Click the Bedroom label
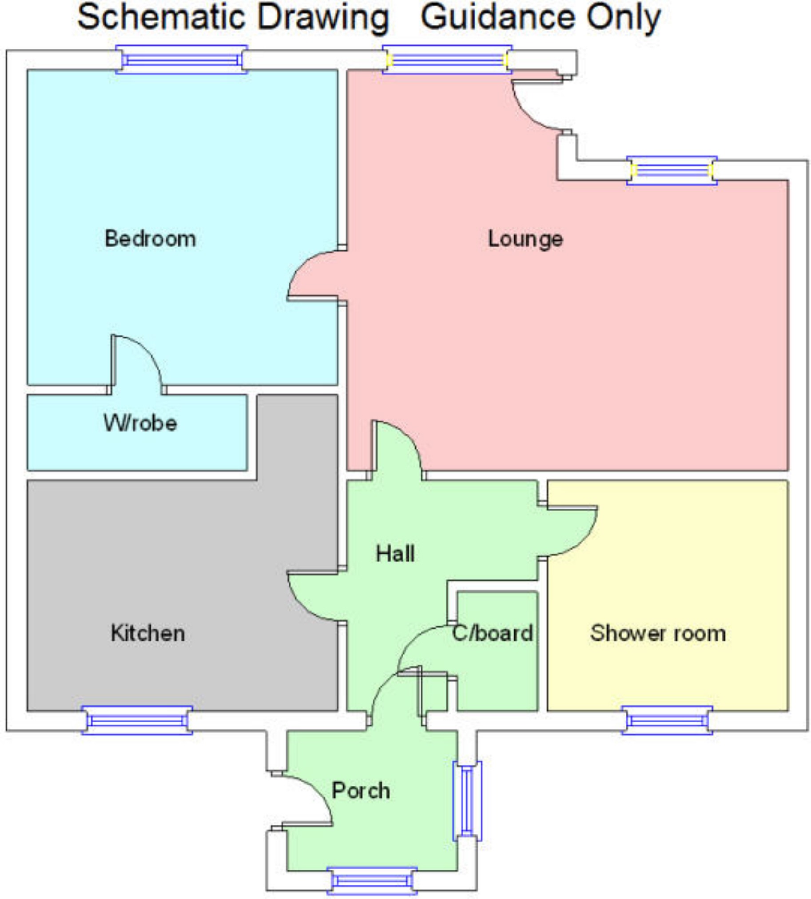(x=150, y=239)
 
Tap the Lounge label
(x=525, y=239)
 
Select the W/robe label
(x=140, y=423)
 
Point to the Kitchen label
(x=148, y=633)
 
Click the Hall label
(x=395, y=554)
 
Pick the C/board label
(x=493, y=633)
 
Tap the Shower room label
(x=658, y=633)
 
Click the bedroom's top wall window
(x=181, y=59)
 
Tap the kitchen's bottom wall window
(x=137, y=721)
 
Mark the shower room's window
(x=667, y=721)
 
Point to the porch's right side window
(x=467, y=800)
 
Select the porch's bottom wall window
(x=372, y=881)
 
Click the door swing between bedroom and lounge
(x=312, y=274)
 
